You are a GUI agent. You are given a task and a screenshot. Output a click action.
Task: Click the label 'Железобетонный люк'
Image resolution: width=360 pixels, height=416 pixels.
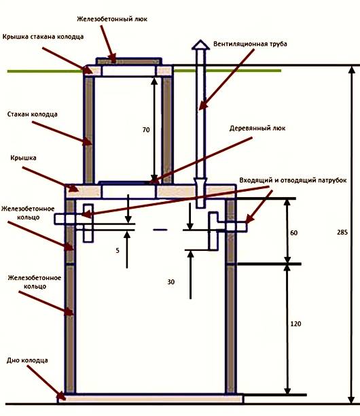112,19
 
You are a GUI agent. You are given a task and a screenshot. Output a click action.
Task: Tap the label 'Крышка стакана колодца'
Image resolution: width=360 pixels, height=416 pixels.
43,37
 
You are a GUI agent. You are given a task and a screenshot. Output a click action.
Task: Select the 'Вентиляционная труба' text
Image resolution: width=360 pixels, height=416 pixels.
250,44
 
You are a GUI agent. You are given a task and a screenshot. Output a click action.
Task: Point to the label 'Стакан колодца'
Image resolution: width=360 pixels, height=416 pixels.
33,114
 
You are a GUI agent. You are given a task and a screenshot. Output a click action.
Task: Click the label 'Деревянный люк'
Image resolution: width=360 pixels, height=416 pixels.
257,128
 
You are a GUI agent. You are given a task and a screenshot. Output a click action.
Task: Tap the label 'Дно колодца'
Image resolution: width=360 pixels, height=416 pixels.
27,360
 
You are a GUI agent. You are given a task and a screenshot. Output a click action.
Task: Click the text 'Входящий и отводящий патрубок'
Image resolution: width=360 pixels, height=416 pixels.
293,180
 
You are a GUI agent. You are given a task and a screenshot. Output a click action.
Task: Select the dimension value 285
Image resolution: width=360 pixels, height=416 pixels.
342,232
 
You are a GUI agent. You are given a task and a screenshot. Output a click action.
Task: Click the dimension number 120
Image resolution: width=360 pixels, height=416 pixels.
295,324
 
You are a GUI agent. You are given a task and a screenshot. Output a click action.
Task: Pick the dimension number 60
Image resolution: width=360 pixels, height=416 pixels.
293,232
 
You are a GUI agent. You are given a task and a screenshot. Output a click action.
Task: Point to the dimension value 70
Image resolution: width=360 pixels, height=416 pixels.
146,130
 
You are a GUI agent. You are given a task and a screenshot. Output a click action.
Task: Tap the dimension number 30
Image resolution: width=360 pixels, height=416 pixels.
171,282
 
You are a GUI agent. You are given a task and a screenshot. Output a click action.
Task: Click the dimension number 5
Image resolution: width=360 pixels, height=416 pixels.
118,250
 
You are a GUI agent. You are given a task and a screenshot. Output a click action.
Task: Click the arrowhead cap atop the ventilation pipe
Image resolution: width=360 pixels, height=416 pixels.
200,45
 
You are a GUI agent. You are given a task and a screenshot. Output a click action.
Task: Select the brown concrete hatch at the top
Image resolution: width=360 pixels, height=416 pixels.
129,62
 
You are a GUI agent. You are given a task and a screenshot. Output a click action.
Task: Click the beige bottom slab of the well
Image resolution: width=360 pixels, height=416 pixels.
151,399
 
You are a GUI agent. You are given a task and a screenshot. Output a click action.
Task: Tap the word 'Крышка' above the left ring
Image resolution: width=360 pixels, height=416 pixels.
23,158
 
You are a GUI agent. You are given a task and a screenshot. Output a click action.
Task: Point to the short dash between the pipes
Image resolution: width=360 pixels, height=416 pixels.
160,230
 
